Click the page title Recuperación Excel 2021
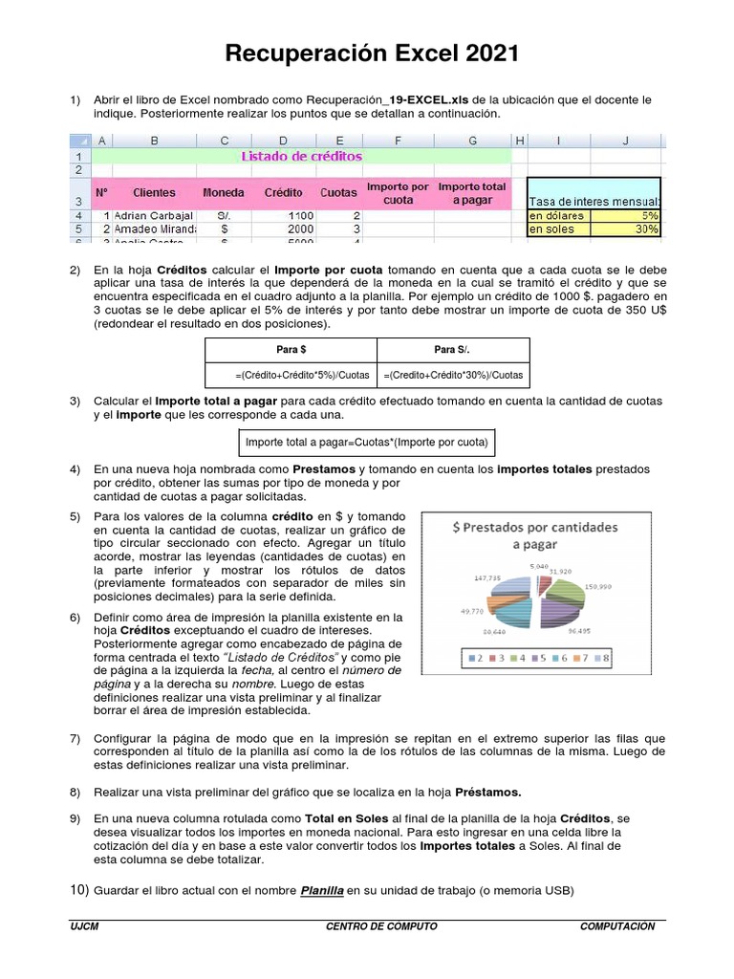coord(372,54)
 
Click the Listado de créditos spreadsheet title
coord(301,155)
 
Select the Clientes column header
coord(154,193)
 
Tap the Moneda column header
coord(224,193)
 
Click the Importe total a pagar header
coord(472,193)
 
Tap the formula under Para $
coord(291,375)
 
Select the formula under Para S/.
coord(452,375)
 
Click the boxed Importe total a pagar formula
coord(367,443)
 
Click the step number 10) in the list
coord(78,891)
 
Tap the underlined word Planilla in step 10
coord(321,891)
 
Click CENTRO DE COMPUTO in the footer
coord(381,926)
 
